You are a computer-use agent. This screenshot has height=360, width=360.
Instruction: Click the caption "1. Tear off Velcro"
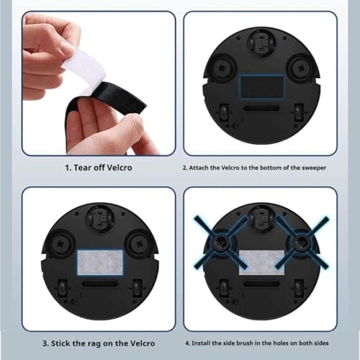(98, 168)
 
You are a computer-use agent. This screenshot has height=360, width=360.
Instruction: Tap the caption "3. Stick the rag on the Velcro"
(98, 343)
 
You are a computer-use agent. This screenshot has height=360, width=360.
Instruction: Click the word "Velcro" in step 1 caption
(117, 168)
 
